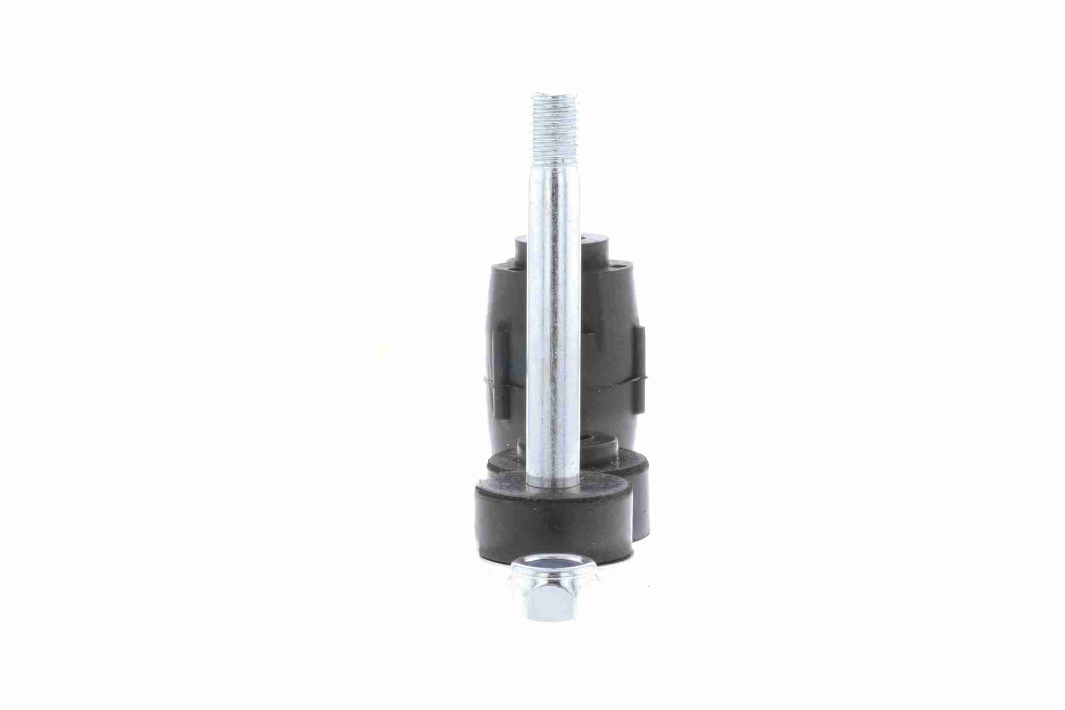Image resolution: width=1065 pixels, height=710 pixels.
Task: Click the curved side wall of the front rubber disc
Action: (543, 530)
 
